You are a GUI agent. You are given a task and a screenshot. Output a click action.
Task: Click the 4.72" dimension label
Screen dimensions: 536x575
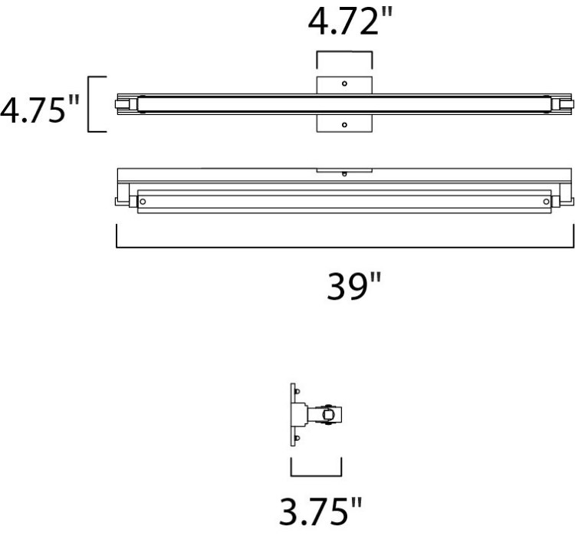pyautogui.click(x=344, y=23)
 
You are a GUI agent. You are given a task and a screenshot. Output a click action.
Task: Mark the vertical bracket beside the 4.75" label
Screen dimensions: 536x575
pyautogui.click(x=91, y=104)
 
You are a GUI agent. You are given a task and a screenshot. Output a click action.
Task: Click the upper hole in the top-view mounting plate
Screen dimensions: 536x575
pyautogui.click(x=344, y=83)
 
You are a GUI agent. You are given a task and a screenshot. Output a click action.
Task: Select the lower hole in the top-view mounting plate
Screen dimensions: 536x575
pyautogui.click(x=344, y=124)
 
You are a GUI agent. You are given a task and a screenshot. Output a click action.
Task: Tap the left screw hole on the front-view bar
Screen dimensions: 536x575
pyautogui.click(x=143, y=201)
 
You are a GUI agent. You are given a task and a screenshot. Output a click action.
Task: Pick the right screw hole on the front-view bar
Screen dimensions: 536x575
pyautogui.click(x=546, y=201)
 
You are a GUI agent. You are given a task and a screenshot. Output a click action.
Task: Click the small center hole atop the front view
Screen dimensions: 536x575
pyautogui.click(x=344, y=174)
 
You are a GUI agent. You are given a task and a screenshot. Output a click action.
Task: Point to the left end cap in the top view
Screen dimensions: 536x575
pyautogui.click(x=127, y=104)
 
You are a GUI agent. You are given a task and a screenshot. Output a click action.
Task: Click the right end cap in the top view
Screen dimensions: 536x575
pyautogui.click(x=562, y=104)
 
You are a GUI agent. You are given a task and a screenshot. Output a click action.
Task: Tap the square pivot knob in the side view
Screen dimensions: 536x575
pyautogui.click(x=330, y=415)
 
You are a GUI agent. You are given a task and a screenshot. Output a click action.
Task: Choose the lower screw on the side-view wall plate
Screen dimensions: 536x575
pyautogui.click(x=295, y=438)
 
